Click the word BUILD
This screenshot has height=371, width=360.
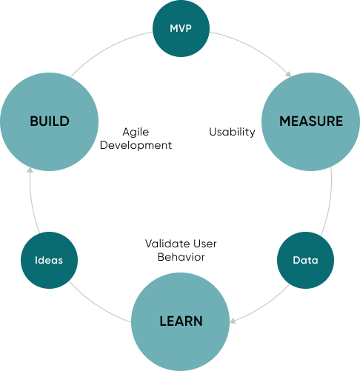tap(50, 121)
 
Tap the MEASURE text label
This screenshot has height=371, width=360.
tap(311, 121)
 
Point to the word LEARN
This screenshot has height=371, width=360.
tap(181, 321)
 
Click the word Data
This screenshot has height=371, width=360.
tap(305, 261)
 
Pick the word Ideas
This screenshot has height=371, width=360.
tap(50, 261)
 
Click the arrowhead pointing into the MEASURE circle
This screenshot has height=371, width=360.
tap(287, 74)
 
